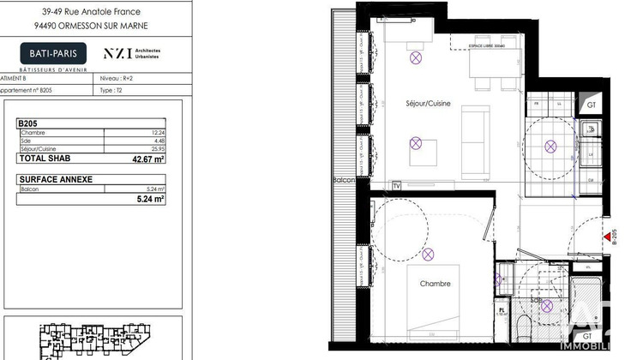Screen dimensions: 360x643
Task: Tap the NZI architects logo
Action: click(x=137, y=53)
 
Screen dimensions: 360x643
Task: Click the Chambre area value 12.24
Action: click(x=157, y=133)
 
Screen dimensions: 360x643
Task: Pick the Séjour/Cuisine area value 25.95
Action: click(x=157, y=149)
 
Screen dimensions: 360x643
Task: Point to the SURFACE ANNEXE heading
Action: click(x=56, y=179)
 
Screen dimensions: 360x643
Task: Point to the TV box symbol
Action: click(x=396, y=185)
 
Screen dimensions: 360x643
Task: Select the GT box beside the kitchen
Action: click(x=591, y=105)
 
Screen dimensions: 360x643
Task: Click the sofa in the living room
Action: click(x=472, y=136)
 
